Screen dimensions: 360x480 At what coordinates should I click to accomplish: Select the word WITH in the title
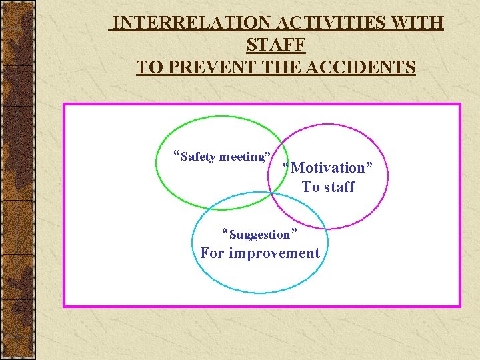click(418, 23)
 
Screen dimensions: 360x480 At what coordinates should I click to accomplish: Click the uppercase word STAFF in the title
click(275, 45)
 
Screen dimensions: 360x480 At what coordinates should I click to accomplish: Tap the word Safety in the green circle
click(198, 157)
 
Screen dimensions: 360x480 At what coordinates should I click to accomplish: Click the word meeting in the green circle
click(243, 157)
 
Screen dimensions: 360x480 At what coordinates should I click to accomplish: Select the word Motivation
click(329, 168)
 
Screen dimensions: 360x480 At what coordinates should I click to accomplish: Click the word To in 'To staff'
click(311, 187)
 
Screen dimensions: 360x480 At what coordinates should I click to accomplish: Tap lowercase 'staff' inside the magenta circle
click(339, 187)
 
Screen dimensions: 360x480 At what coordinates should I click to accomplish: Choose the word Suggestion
click(260, 235)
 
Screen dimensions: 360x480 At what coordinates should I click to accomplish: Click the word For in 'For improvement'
click(213, 253)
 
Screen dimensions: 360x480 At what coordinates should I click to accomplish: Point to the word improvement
click(274, 253)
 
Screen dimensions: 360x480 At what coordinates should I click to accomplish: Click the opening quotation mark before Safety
click(176, 155)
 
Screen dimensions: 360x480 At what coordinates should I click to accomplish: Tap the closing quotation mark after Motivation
click(369, 165)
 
